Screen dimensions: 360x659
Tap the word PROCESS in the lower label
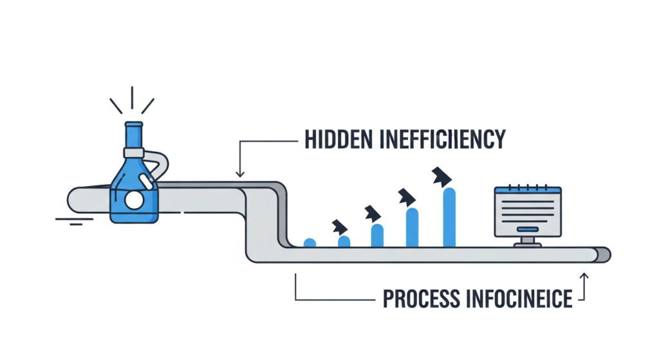pyautogui.click(x=422, y=299)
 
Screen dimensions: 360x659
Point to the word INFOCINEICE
pyautogui.click(x=521, y=299)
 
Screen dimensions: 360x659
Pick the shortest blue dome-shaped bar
pyautogui.click(x=310, y=243)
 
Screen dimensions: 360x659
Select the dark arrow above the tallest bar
pyautogui.click(x=441, y=175)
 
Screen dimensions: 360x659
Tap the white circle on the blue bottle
pyautogui.click(x=134, y=201)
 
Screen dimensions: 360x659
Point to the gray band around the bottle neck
pyautogui.click(x=133, y=153)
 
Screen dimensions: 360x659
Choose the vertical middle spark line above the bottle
pyautogui.click(x=132, y=99)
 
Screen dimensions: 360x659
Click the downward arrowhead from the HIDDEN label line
pyautogui.click(x=240, y=173)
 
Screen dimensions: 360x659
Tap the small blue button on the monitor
pyautogui.click(x=528, y=229)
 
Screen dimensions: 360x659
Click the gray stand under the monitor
pyautogui.click(x=528, y=242)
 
